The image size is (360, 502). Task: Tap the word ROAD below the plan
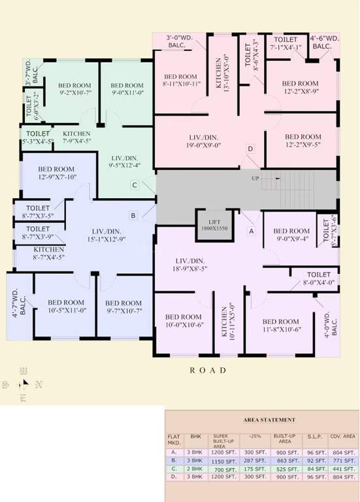(x=208, y=370)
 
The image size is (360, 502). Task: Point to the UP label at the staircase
(x=255, y=178)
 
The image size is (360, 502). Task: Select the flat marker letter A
(x=250, y=231)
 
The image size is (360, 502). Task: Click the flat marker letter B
(x=133, y=214)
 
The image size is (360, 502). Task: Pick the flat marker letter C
(x=134, y=185)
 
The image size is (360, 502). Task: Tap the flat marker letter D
(x=250, y=149)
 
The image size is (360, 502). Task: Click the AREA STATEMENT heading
(x=269, y=420)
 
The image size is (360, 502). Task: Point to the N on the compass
(x=39, y=384)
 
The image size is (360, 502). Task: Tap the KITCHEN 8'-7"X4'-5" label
(x=48, y=253)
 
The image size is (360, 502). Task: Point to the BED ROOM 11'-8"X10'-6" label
(x=280, y=326)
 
